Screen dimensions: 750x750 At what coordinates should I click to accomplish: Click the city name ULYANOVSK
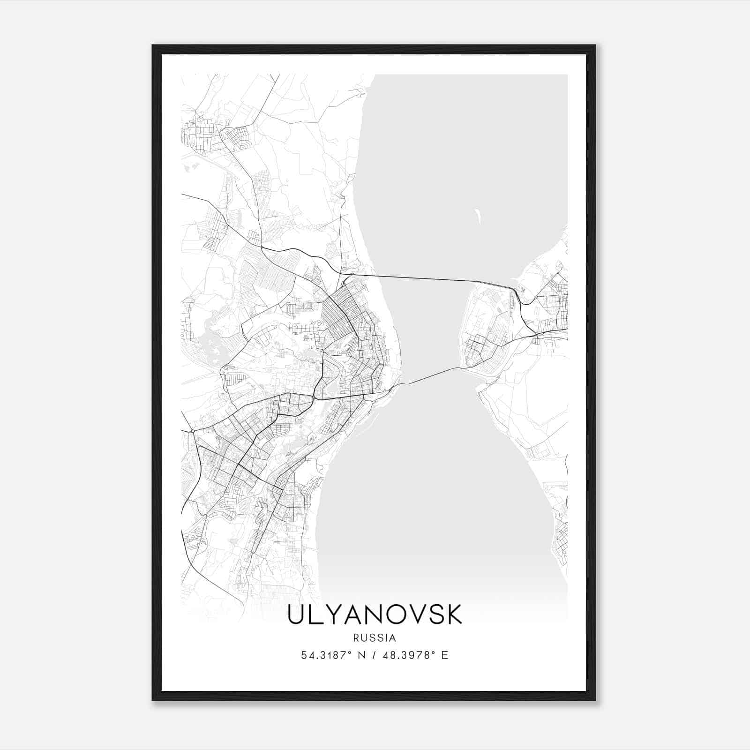pos(375,615)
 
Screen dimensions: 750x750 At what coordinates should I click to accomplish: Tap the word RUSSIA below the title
pos(375,638)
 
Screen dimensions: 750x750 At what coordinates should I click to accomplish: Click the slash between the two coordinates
pos(374,655)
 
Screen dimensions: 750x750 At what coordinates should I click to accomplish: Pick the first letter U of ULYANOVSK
pos(296,615)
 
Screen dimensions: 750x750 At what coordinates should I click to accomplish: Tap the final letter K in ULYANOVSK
pos(453,615)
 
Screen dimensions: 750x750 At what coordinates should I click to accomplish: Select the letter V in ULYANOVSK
pos(414,615)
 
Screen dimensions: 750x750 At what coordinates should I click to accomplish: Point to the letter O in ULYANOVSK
pos(394,615)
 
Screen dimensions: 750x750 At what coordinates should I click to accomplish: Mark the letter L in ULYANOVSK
pos(317,615)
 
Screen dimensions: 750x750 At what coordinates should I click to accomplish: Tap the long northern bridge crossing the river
pos(422,278)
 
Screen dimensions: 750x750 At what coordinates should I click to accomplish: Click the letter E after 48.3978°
pos(445,655)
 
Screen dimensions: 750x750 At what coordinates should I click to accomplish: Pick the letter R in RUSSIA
pos(357,638)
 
